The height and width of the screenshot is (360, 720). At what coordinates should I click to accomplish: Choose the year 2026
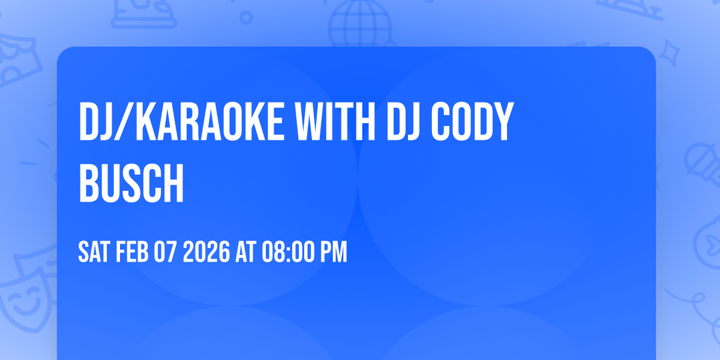[x=206, y=253]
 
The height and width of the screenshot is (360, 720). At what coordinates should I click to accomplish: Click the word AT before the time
[x=246, y=253]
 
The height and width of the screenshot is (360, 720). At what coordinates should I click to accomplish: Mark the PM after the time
[x=334, y=253]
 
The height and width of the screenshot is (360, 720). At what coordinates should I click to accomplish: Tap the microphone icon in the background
[x=699, y=162]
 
